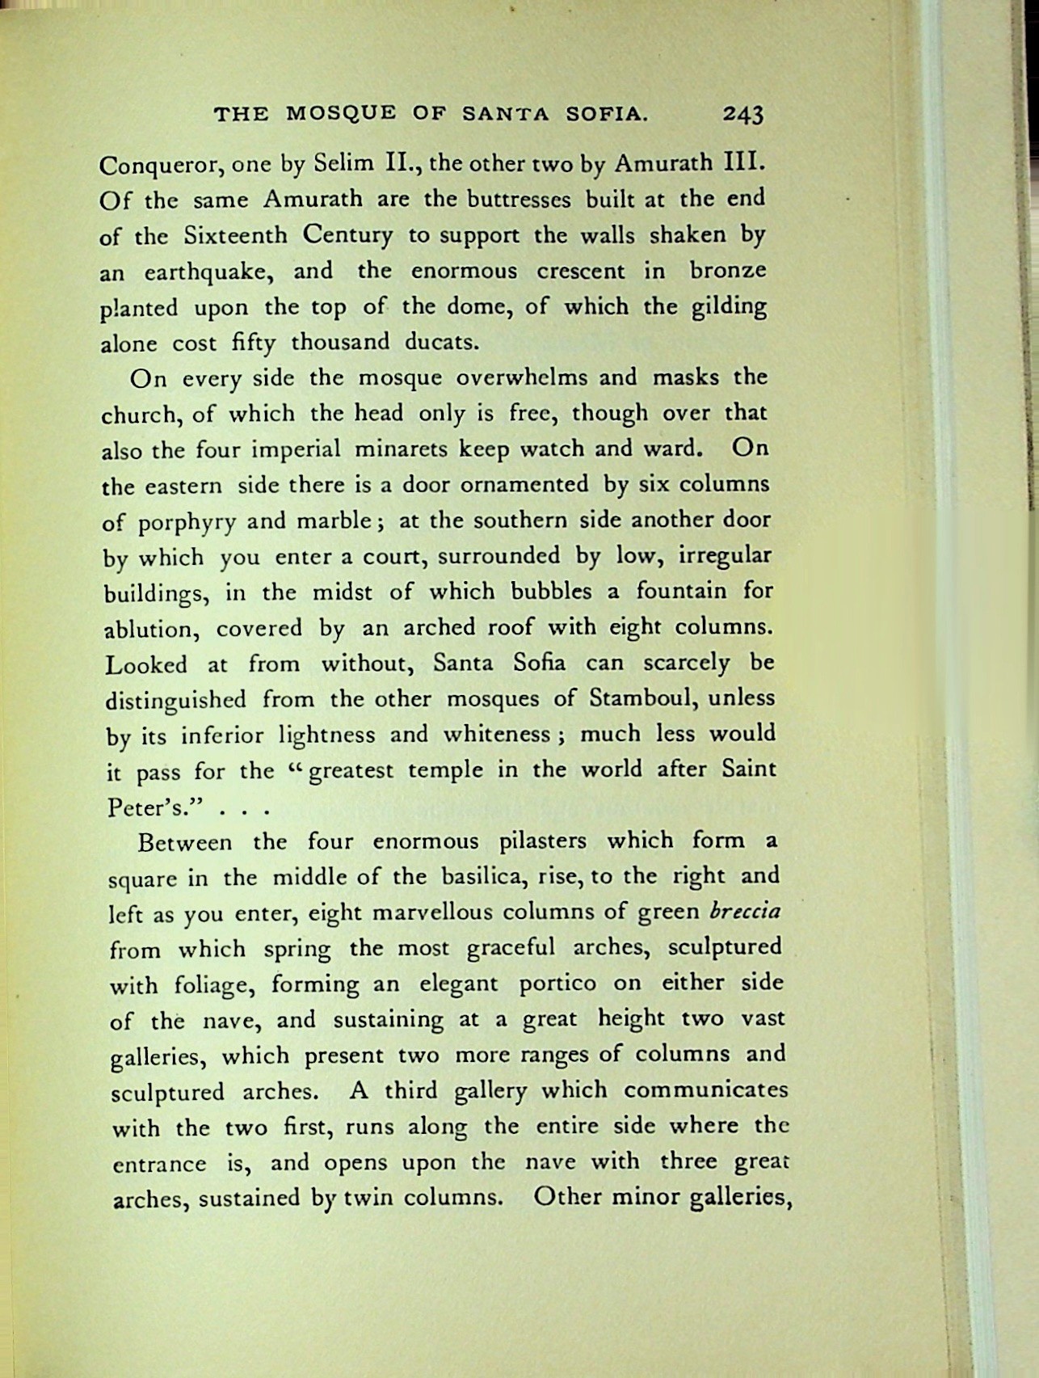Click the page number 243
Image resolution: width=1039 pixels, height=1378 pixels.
(x=743, y=115)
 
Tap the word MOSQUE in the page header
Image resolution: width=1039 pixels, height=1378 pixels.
(x=341, y=114)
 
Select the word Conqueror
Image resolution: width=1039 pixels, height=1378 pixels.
(x=160, y=166)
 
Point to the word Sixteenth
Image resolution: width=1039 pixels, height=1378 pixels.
(x=235, y=235)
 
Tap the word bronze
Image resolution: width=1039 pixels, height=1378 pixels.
(x=727, y=270)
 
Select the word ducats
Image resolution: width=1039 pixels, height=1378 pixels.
(x=442, y=342)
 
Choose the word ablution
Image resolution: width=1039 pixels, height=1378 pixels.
(x=151, y=629)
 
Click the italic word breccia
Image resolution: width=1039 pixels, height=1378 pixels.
(x=744, y=911)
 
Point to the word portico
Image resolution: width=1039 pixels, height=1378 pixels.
(x=557, y=984)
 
